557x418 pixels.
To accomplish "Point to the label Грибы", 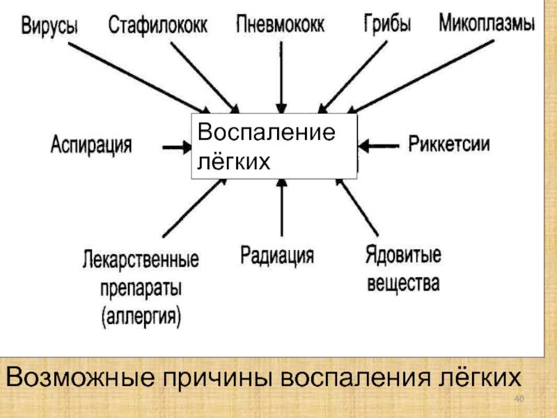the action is tap(387, 24).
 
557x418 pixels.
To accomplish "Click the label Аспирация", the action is tap(91, 146).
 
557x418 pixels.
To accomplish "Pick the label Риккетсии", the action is tap(448, 145).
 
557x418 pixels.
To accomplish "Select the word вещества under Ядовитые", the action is tap(402, 284).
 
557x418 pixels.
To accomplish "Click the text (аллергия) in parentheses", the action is tap(141, 318).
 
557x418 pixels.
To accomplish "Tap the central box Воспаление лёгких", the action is tap(274, 147).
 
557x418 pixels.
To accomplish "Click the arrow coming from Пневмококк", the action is tap(281, 77).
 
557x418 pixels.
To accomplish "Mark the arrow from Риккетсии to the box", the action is tap(379, 146).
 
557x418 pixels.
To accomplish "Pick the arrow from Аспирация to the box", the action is tap(178, 147).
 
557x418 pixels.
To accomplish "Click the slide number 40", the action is tap(518, 398).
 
